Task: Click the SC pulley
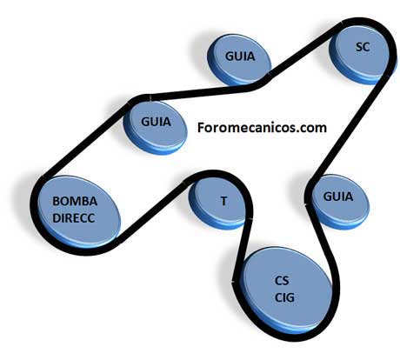pos(362,54)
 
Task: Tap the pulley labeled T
pos(220,202)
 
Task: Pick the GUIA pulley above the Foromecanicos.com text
pos(239,59)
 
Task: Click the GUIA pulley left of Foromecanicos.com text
pos(156,127)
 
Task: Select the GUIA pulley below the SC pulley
pos(338,202)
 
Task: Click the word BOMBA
pos(75,201)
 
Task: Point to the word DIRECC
pos(74,218)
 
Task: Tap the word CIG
pos(284,297)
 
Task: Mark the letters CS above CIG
pos(282,281)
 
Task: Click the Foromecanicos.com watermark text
pos(262,128)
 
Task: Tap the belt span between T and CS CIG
pos(243,250)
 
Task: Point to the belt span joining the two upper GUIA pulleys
pos(200,92)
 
